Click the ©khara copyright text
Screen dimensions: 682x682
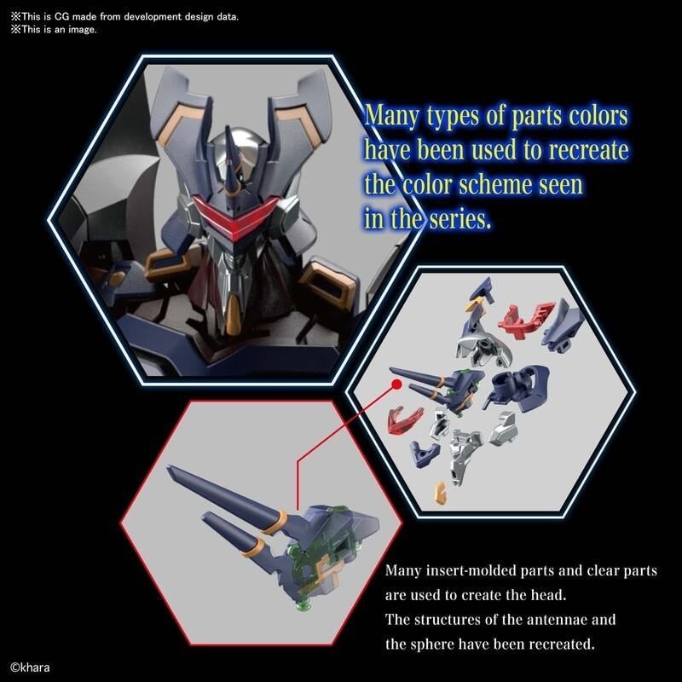coord(30,668)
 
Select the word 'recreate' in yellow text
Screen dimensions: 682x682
coord(588,150)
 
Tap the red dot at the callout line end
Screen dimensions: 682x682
coord(396,384)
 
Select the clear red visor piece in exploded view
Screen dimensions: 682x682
coord(404,419)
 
